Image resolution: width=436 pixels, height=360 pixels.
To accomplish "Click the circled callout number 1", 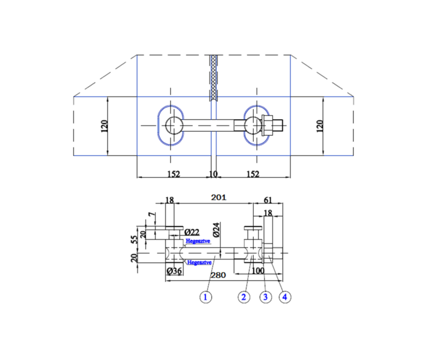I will click(206, 297).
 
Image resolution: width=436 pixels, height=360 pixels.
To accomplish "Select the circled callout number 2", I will click(243, 297).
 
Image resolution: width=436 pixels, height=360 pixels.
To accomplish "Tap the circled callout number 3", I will click(266, 297).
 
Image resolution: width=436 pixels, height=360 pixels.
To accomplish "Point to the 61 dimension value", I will click(267, 200).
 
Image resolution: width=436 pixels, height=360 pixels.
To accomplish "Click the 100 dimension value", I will click(258, 271).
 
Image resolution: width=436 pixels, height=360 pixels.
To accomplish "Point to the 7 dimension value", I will click(150, 215).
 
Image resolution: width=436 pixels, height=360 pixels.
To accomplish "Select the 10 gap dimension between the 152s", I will click(212, 174).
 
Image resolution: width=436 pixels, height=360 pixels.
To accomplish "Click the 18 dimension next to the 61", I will click(268, 213).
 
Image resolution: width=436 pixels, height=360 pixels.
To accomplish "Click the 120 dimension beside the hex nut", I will click(320, 126).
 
